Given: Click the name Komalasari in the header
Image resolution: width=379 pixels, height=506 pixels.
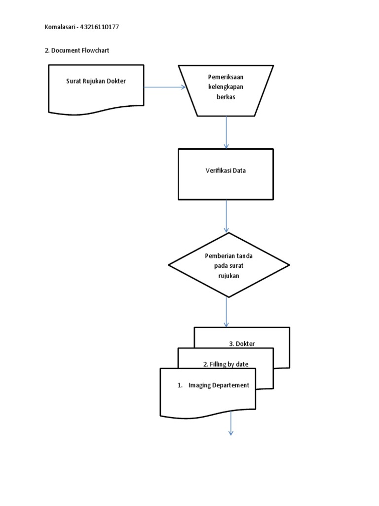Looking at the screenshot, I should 60,27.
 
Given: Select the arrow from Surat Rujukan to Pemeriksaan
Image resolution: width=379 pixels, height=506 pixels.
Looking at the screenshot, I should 164,87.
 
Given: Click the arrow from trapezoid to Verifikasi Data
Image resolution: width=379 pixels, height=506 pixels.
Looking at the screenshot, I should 227,132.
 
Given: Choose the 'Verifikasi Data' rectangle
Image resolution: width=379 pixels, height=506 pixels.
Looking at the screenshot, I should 227,173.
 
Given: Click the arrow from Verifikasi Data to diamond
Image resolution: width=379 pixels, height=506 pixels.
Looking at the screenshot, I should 227,216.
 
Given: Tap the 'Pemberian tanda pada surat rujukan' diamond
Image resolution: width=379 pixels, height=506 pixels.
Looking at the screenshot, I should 228,265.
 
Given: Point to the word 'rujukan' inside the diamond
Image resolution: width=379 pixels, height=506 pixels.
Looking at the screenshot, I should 228,276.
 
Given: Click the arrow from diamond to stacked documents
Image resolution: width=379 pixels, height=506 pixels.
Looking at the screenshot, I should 227,312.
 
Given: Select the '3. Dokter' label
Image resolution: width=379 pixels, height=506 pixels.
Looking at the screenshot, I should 242,343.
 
